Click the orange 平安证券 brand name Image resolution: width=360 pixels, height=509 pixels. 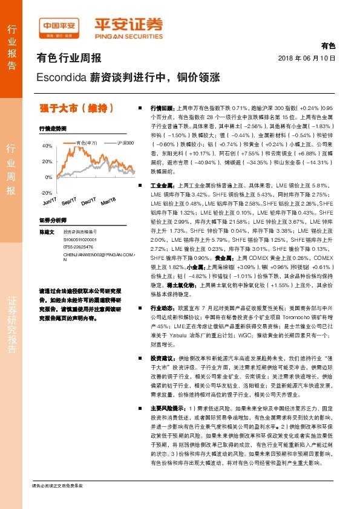(x=128, y=25)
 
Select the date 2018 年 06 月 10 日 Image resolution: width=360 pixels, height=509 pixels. (x=306, y=58)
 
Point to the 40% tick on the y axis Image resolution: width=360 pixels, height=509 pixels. (x=47, y=146)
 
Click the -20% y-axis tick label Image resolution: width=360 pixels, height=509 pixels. (x=47, y=192)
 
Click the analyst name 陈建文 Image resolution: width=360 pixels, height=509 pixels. (x=47, y=232)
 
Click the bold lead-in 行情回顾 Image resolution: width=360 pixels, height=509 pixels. (x=162, y=106)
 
